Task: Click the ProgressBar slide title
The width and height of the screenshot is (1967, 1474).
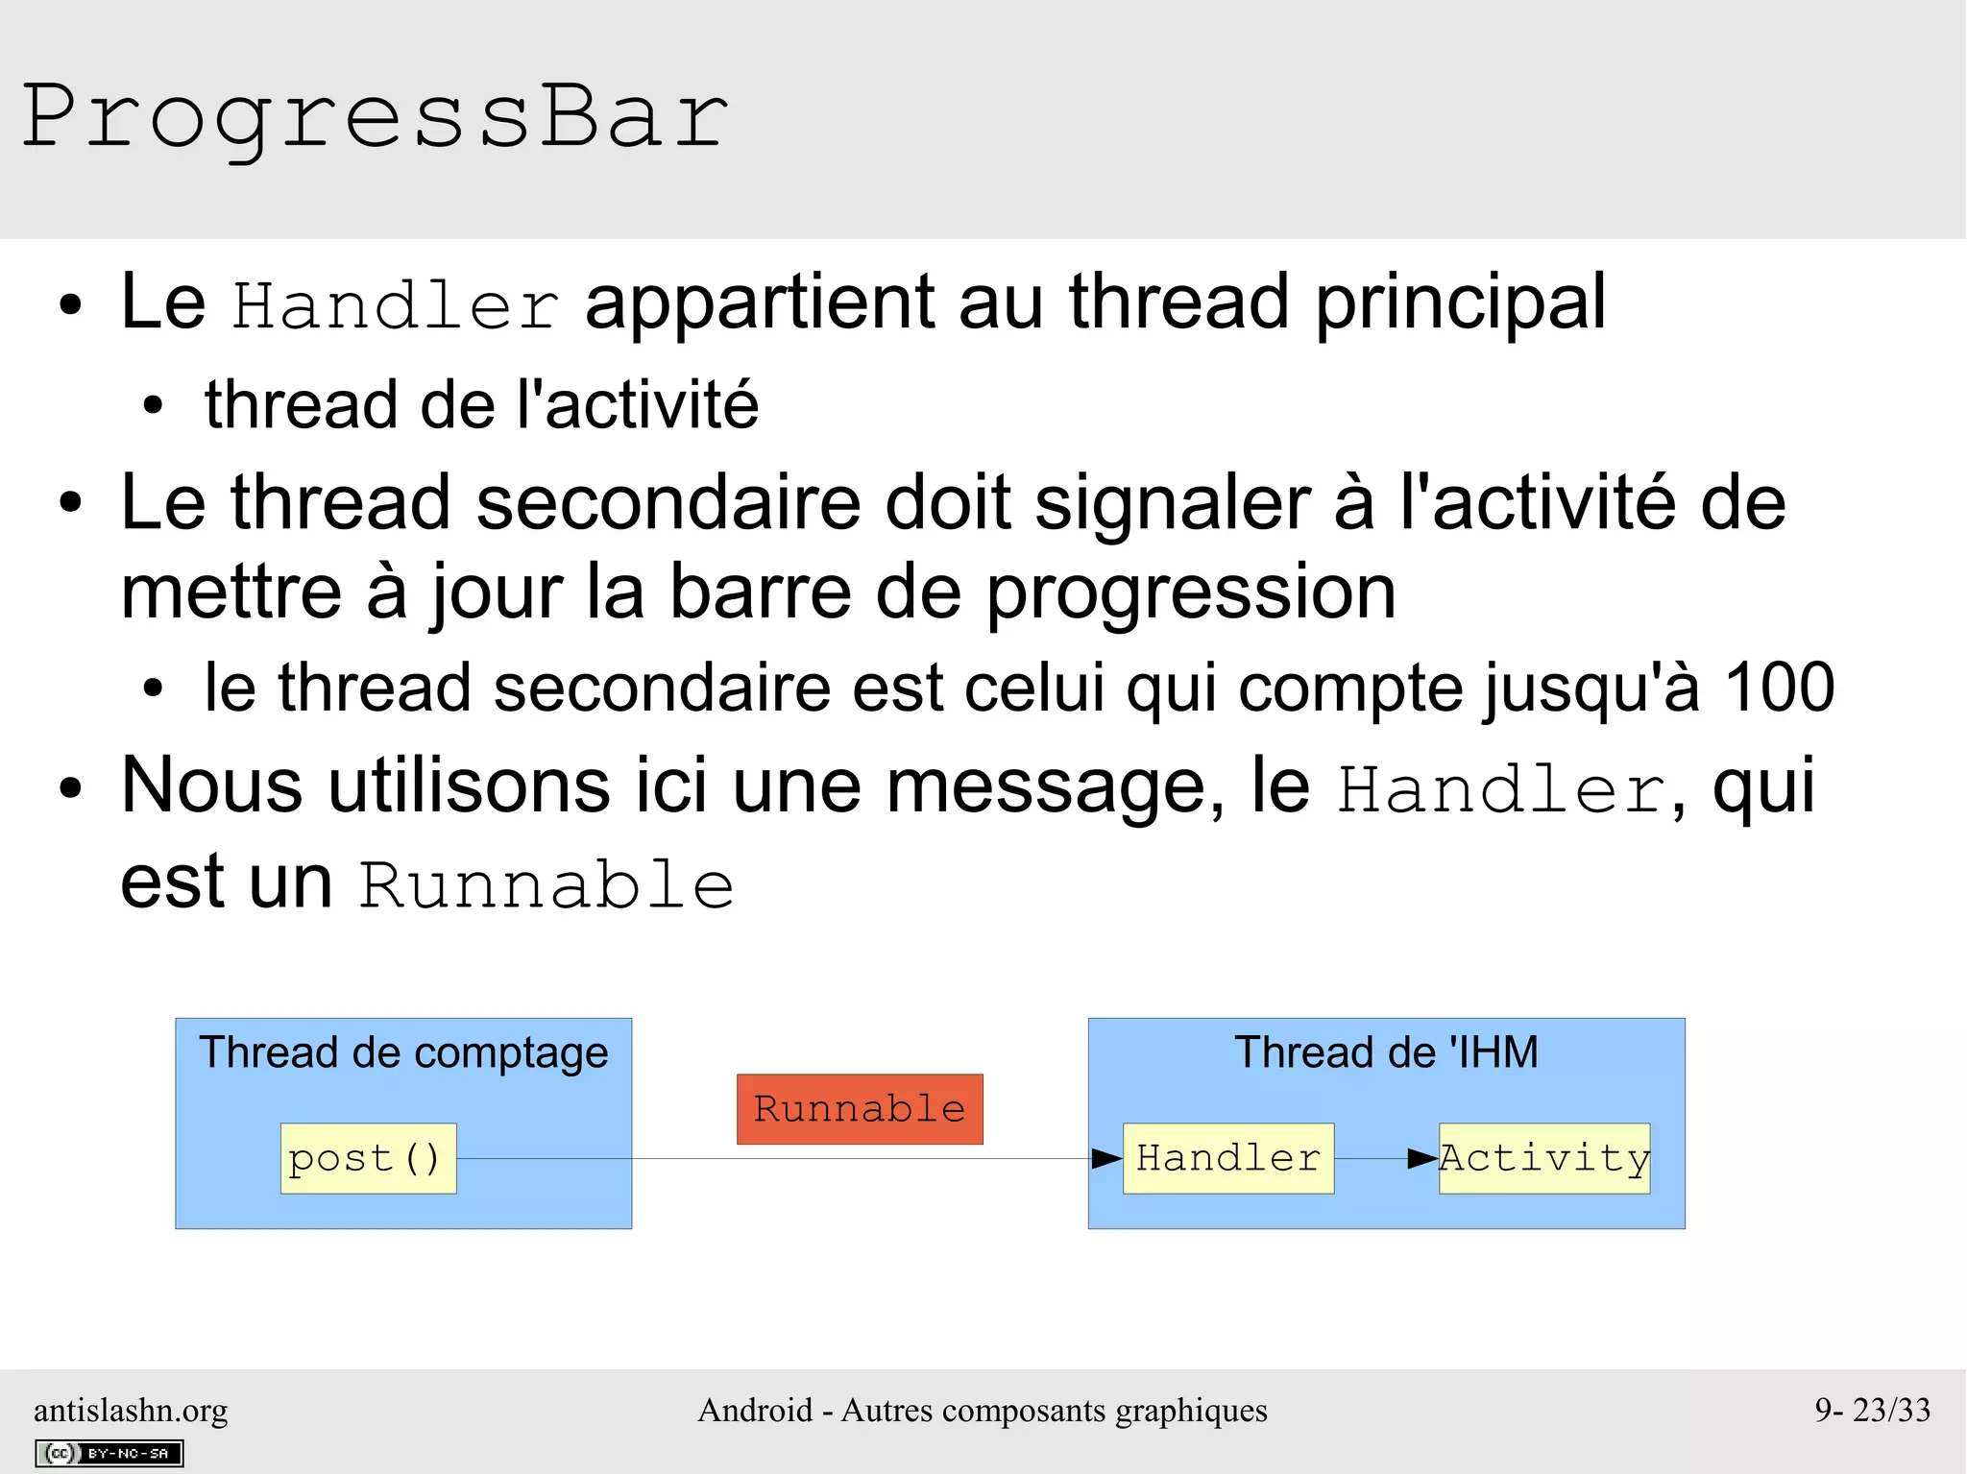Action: point(375,117)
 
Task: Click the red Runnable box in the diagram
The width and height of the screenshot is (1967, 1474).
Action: point(860,1109)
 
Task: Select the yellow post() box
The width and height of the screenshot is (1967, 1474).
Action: point(368,1158)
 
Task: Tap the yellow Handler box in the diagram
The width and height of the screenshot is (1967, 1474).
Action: point(1228,1158)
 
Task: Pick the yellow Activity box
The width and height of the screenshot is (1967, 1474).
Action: point(1544,1158)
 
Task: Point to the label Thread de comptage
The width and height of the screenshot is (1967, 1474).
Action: point(403,1052)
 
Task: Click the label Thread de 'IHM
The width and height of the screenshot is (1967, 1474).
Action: point(1386,1052)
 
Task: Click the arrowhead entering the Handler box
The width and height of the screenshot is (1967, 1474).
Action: point(1107,1159)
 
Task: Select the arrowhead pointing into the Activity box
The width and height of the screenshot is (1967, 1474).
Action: point(1423,1159)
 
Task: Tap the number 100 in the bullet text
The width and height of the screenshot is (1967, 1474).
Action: point(1780,688)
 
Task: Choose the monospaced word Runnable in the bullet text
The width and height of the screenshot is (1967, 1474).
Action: point(546,885)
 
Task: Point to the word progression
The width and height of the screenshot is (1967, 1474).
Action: point(1191,593)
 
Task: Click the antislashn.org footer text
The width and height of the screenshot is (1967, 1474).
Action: point(131,1410)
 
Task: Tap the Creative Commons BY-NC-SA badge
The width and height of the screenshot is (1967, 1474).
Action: point(109,1453)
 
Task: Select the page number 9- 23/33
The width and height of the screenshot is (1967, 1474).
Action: point(1872,1410)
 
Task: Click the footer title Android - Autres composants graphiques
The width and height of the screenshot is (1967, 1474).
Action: point(983,1410)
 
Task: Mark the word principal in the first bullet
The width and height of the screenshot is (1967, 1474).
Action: point(1460,303)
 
